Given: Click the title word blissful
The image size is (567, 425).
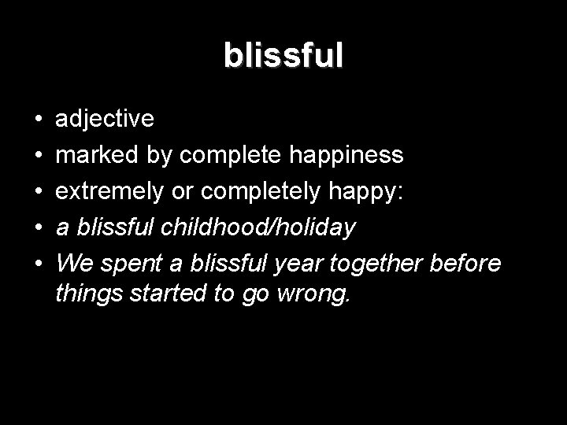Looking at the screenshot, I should click(283, 56).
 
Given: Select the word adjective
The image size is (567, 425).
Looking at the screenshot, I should click(105, 119).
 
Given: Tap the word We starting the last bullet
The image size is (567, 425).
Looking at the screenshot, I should click(74, 262).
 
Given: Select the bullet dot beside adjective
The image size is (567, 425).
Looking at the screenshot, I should click(38, 120).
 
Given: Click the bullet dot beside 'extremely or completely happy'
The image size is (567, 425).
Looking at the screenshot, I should click(38, 191).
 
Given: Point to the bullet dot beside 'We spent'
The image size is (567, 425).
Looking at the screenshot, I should click(38, 263).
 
